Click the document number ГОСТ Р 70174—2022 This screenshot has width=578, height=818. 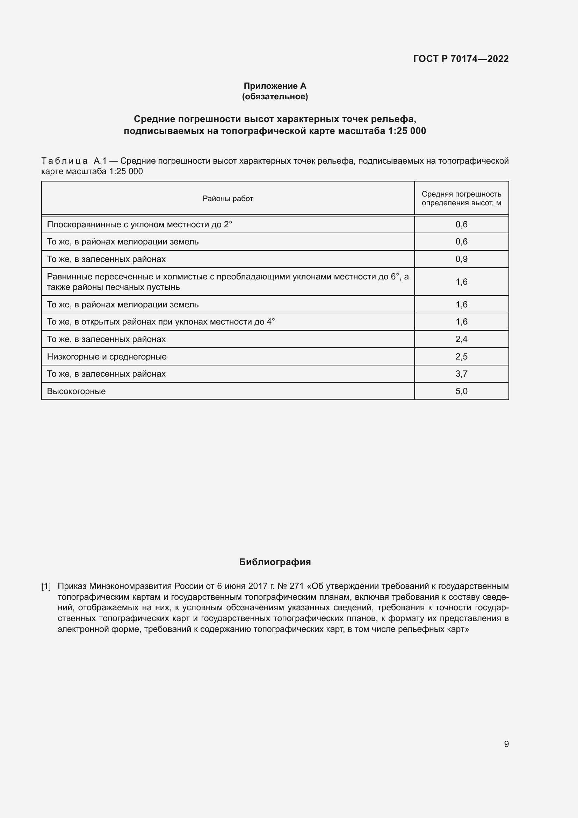(x=461, y=59)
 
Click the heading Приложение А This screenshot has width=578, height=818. (x=275, y=86)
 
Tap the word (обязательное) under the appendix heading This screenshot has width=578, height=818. (x=275, y=97)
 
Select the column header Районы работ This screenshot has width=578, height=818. (x=228, y=198)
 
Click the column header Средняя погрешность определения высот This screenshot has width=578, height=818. (x=461, y=198)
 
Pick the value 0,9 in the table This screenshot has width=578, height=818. (x=461, y=259)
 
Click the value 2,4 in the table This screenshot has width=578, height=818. (x=461, y=339)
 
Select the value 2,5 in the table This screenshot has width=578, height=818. (x=461, y=357)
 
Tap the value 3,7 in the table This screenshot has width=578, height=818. (x=461, y=374)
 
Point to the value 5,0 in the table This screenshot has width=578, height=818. (x=461, y=391)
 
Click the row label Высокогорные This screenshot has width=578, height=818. (x=76, y=391)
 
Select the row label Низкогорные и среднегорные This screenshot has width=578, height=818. (x=107, y=357)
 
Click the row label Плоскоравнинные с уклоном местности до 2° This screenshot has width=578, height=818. (x=139, y=225)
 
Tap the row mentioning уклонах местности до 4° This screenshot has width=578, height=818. (x=161, y=322)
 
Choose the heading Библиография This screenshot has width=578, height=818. (x=275, y=562)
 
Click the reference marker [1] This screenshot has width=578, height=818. (x=46, y=586)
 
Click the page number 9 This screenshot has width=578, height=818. (x=506, y=744)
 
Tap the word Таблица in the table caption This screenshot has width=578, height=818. (x=64, y=161)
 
